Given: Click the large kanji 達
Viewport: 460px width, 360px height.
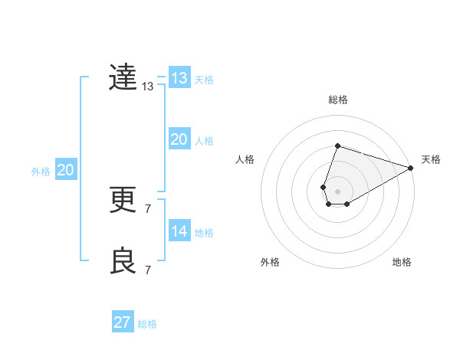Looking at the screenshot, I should tap(123, 77).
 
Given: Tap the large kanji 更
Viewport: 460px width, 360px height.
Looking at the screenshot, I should tap(123, 200).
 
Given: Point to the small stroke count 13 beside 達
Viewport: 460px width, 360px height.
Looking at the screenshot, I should tap(148, 87).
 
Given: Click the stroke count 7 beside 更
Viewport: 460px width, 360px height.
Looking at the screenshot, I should tap(148, 208).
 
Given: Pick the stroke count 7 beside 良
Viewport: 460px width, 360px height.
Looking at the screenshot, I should tap(148, 270).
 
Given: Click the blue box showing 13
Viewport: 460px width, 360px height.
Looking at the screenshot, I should tap(179, 78).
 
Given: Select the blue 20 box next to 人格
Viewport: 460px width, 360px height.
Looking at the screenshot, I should tap(179, 139).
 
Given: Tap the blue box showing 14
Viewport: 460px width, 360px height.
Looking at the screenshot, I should tap(179, 231).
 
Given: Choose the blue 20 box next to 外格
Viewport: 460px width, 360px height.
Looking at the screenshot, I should tap(65, 170).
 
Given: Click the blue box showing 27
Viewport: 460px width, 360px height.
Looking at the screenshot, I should tap(123, 322).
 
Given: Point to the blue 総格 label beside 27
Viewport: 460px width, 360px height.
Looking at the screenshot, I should tap(147, 324).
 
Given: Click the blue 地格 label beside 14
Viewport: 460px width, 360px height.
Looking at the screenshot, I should tap(204, 233).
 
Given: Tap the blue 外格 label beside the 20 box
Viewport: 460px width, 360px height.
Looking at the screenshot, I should tap(41, 172).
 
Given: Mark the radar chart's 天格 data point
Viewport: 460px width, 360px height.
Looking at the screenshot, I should tap(411, 169).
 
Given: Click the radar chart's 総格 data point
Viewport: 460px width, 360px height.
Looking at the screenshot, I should tap(337, 146).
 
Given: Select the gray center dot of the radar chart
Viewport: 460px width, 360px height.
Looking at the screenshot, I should tap(337, 190).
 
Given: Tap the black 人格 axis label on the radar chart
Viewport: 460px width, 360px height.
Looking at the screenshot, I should tap(245, 159).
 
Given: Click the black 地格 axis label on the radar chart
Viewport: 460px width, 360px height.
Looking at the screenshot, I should tap(402, 263).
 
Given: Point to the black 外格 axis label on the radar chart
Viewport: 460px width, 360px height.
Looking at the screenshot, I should tap(270, 263).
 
